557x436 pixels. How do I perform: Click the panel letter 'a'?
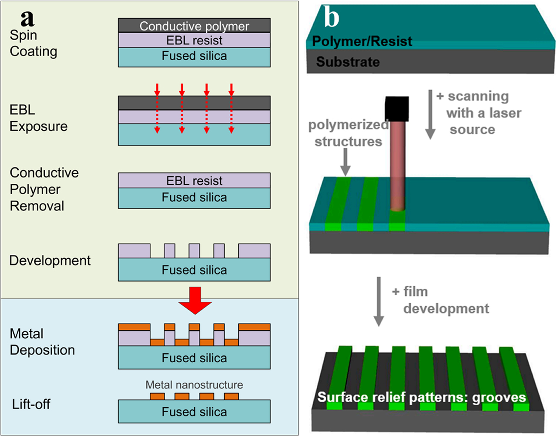27,19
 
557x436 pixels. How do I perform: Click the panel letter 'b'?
332,18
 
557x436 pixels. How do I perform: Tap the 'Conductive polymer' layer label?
194,26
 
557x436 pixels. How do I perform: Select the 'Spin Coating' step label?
33,43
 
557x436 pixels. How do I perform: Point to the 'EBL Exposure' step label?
38,118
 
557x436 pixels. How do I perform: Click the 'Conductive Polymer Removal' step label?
44,189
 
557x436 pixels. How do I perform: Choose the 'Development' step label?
50,260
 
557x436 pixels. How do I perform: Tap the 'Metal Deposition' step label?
42,342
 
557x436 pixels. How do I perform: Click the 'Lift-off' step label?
31,404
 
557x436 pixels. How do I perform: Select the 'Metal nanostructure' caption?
194,385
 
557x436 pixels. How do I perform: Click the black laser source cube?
397,108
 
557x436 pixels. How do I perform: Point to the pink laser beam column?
397,166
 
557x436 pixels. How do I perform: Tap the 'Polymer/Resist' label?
362,41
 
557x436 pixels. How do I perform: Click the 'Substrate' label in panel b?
348,62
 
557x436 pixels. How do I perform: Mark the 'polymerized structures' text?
348,133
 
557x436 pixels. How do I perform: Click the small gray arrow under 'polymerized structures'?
346,162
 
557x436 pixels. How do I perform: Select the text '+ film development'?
440,300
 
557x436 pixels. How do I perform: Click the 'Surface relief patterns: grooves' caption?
421,397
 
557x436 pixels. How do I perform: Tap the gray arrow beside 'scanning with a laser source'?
430,114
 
